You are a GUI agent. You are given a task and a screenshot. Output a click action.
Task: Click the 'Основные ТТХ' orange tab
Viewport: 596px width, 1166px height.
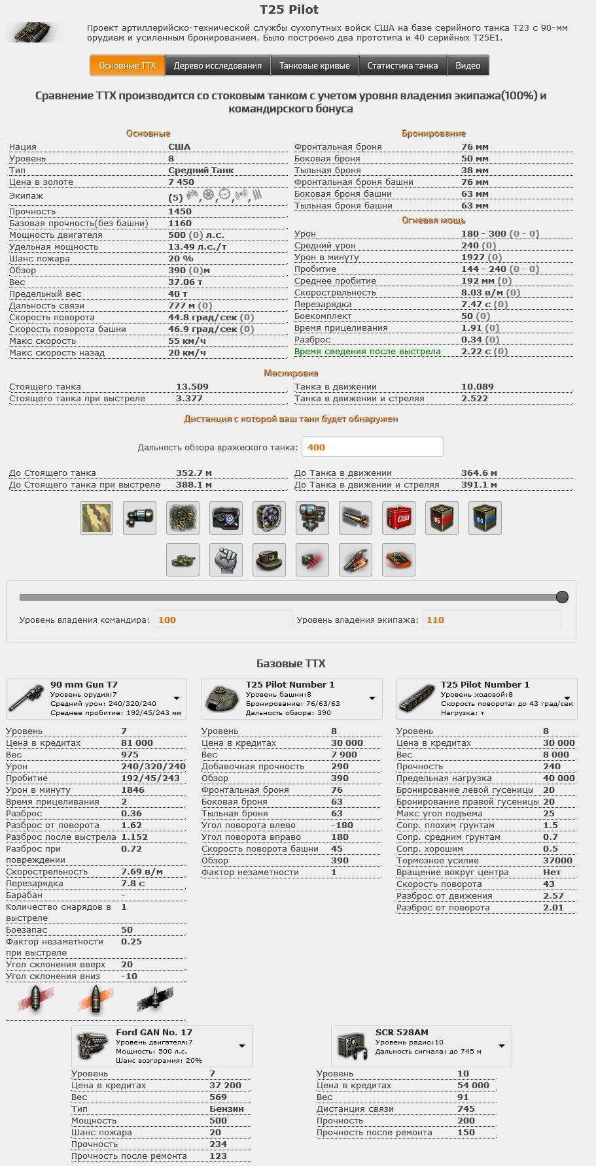click(x=127, y=65)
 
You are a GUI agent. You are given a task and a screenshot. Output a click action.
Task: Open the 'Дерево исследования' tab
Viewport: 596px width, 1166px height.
click(x=217, y=65)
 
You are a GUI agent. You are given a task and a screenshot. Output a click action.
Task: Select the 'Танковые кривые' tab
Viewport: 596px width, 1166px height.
click(x=314, y=65)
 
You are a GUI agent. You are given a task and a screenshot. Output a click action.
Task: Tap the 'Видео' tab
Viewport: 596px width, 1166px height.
click(x=468, y=65)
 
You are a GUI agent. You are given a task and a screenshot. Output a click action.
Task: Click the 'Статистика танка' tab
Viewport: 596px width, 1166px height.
click(x=402, y=65)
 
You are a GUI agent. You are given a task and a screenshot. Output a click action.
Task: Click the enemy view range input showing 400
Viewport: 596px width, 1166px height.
click(x=372, y=447)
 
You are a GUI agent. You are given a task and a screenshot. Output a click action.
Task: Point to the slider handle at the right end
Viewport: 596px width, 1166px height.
click(x=562, y=597)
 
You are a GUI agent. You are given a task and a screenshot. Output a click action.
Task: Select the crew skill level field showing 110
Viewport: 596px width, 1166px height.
click(x=491, y=620)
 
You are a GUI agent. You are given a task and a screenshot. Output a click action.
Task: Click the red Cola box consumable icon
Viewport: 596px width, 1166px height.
click(x=398, y=518)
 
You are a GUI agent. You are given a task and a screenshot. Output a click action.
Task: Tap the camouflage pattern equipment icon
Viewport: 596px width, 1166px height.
click(x=96, y=518)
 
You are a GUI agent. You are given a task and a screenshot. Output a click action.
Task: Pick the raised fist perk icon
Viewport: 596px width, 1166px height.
click(x=226, y=560)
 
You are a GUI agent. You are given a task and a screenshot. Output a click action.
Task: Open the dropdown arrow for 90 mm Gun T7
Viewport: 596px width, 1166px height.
click(x=177, y=699)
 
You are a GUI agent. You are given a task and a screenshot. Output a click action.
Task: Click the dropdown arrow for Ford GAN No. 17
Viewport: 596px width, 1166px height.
click(x=242, y=1046)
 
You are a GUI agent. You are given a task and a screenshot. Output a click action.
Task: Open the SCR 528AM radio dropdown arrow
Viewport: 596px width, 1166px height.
click(x=502, y=1046)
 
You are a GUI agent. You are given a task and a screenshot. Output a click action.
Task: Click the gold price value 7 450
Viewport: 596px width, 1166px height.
click(x=181, y=182)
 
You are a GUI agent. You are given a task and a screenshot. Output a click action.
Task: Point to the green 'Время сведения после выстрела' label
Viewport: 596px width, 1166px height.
click(x=367, y=352)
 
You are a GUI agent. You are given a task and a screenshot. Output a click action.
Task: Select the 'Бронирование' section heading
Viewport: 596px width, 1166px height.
click(x=433, y=133)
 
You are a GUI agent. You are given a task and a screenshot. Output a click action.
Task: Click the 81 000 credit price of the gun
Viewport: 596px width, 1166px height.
click(x=137, y=743)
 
